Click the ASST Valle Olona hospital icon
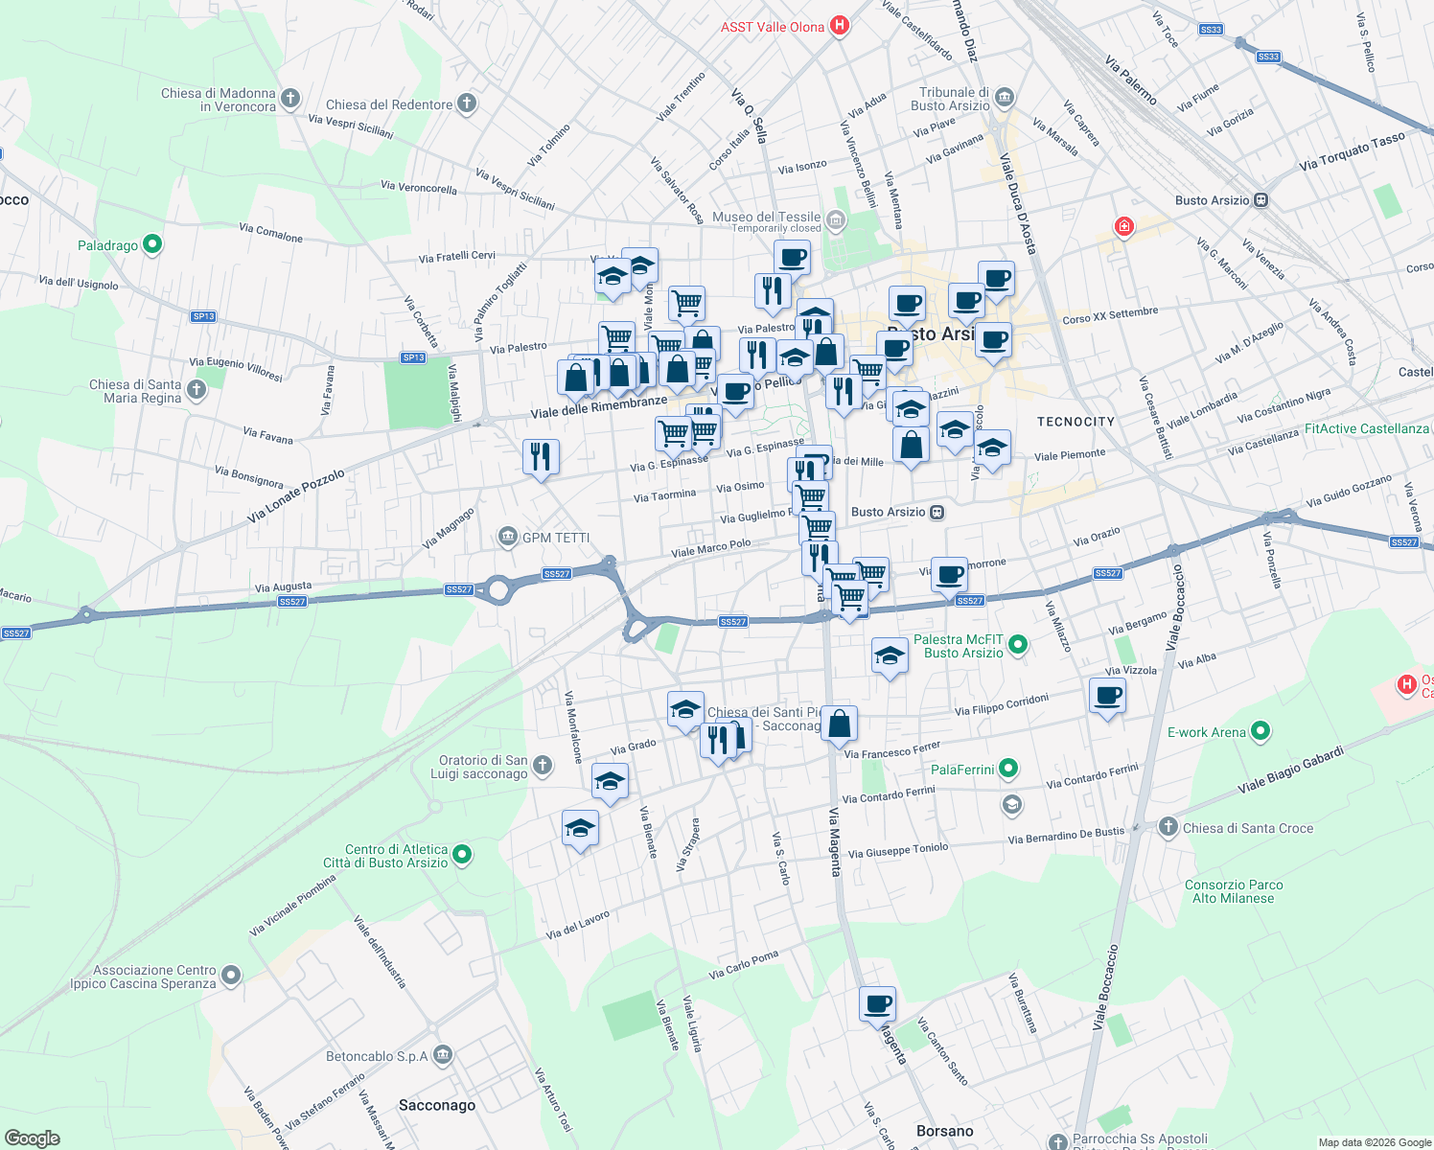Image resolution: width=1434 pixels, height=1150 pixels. (840, 26)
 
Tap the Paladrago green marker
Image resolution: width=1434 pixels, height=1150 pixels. (152, 245)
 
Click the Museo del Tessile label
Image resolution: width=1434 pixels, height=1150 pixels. (766, 218)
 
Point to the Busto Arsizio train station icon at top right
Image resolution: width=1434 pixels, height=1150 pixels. (1261, 200)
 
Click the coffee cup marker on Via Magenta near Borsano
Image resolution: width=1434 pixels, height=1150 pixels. (877, 1004)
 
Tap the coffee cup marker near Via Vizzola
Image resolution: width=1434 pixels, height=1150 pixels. (1107, 695)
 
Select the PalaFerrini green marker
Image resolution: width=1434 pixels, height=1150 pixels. (1007, 769)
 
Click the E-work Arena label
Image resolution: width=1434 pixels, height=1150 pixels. (1206, 732)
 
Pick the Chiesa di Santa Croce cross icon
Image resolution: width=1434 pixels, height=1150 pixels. (1168, 827)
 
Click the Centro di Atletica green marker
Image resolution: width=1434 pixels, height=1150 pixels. (462, 854)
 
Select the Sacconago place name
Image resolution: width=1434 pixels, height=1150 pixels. (437, 1105)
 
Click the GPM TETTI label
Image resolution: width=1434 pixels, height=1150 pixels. (556, 538)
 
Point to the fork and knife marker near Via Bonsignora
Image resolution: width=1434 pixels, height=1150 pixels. (541, 456)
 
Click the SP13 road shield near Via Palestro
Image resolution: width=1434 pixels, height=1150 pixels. (413, 357)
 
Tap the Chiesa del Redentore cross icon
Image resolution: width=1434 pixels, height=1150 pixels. (467, 103)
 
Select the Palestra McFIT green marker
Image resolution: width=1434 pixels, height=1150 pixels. (1018, 645)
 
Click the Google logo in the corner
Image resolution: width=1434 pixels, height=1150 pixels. (32, 1138)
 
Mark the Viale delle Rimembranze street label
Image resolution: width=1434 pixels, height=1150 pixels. (599, 406)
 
